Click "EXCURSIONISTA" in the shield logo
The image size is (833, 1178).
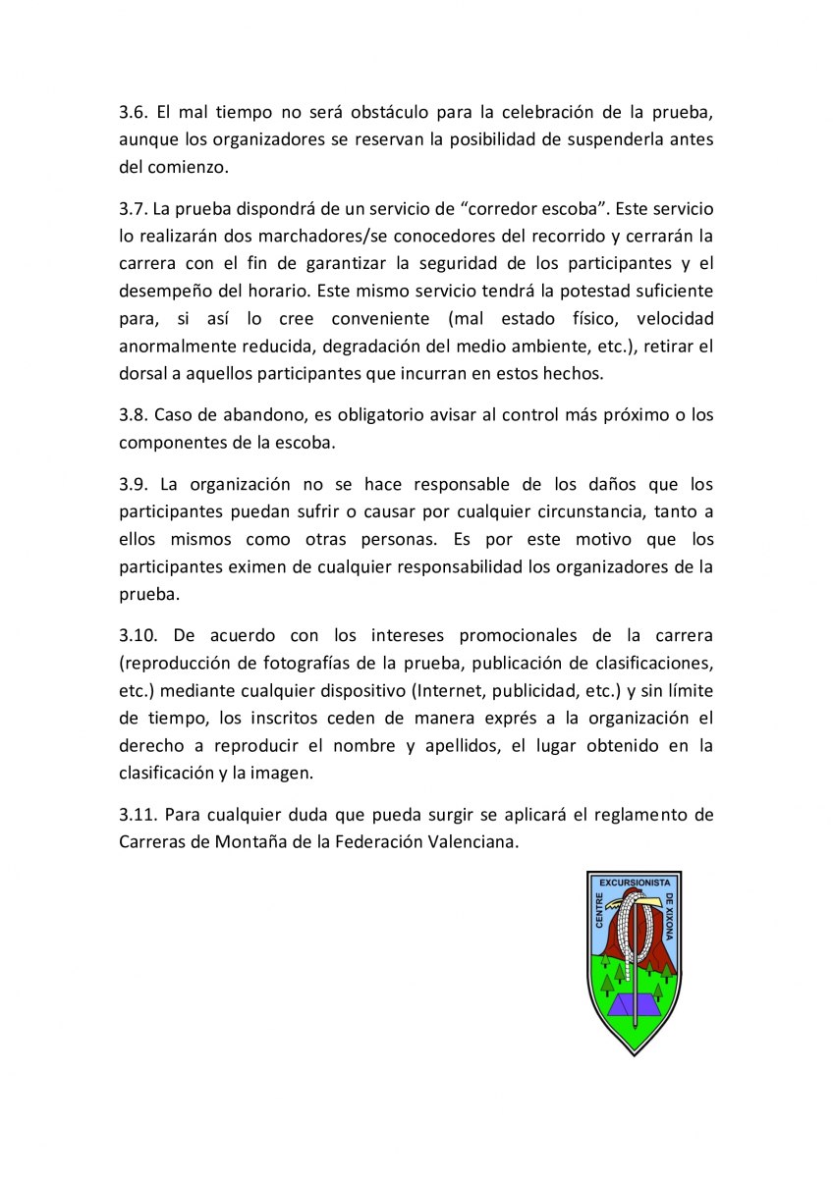634,883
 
